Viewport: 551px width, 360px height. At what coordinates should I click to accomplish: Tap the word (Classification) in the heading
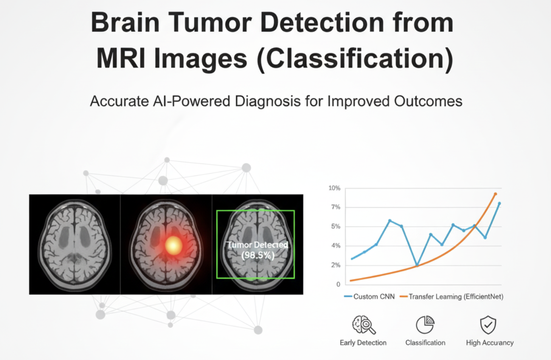[354, 59]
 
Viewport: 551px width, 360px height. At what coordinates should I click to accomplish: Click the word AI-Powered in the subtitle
[191, 101]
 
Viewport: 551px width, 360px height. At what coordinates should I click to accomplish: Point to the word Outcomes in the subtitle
[428, 101]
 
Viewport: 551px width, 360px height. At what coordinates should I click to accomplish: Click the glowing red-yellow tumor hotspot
[174, 245]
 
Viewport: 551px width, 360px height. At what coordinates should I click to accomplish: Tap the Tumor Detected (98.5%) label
[258, 250]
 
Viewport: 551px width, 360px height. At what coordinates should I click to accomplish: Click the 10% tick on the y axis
[334, 188]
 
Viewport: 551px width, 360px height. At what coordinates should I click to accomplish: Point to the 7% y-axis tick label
[336, 207]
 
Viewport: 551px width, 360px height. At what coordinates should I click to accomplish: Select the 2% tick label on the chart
[336, 265]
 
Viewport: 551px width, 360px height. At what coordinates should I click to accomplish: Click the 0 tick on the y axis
[338, 284]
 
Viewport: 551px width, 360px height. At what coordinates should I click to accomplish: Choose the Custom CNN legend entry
[369, 296]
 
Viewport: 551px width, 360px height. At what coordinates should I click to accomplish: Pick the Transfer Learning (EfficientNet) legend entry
[452, 297]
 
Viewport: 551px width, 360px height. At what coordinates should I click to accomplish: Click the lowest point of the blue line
[417, 265]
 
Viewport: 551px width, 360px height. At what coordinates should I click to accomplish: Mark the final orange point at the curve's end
[495, 194]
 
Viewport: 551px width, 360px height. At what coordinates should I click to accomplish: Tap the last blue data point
[499, 203]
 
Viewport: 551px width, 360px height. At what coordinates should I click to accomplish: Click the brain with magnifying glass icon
[364, 325]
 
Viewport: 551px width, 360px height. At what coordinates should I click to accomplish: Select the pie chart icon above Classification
[425, 325]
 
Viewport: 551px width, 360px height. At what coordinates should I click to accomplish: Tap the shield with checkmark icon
[488, 325]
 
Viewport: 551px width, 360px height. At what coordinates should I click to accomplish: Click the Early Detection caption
[363, 343]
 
